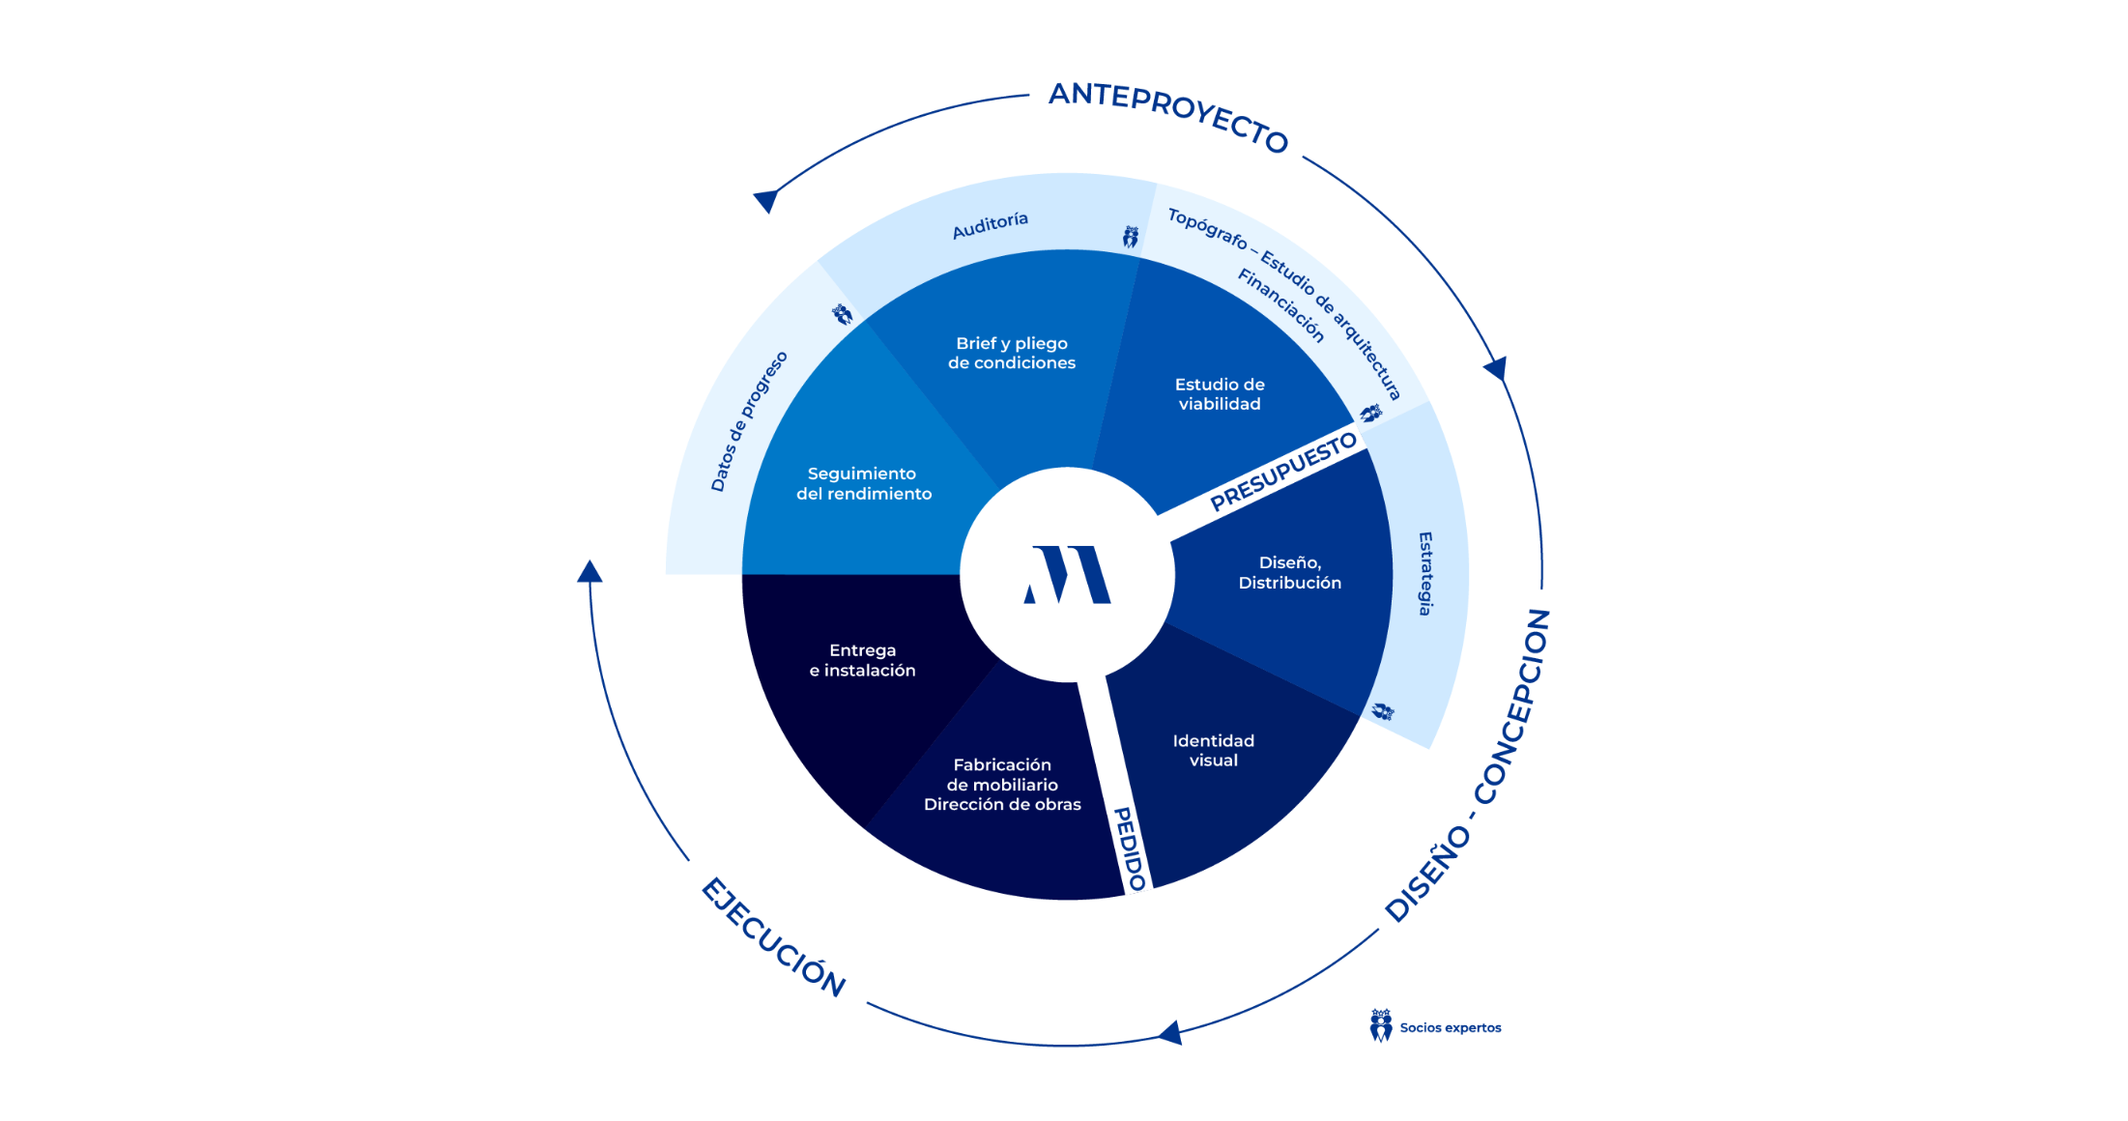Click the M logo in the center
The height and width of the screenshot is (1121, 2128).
click(1067, 575)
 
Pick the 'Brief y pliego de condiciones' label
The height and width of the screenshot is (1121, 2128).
click(1011, 353)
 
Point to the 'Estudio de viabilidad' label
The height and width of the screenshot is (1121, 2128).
click(1220, 394)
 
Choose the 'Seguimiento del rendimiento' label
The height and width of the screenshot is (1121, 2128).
click(863, 483)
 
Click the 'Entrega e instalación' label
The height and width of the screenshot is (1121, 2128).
click(862, 660)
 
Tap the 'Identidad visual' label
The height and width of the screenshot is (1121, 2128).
click(1213, 750)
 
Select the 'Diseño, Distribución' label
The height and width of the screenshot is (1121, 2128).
click(1289, 572)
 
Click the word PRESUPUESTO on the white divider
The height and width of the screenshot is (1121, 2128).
click(1283, 471)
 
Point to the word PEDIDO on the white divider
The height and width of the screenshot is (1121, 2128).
click(1129, 848)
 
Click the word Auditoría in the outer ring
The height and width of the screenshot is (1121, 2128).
click(990, 225)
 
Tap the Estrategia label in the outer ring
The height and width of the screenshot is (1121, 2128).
click(1424, 573)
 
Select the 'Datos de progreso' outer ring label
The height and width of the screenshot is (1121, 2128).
click(749, 421)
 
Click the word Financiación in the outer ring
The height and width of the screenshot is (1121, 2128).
click(1280, 304)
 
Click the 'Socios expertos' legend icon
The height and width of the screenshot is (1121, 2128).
click(1381, 1025)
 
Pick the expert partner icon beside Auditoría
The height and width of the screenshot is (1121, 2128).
click(1130, 237)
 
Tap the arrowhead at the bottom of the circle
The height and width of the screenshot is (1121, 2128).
click(1170, 1033)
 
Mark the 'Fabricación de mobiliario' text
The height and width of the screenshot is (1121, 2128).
click(1002, 774)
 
